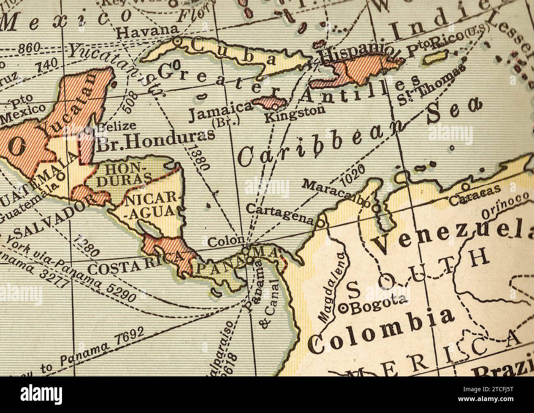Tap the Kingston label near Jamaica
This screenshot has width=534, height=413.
coord(295,114)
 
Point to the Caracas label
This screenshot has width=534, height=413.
coord(474,196)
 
